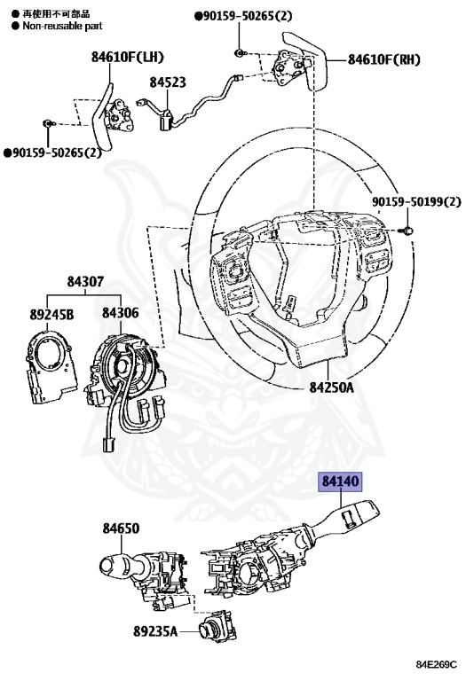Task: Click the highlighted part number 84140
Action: click(341, 481)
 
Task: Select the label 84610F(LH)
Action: click(127, 57)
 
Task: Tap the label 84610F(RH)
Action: click(383, 59)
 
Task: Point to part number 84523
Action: click(168, 82)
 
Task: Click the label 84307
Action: click(85, 281)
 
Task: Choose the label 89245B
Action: click(51, 314)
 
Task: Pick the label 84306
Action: click(121, 312)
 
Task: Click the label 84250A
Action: click(331, 387)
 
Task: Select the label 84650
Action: click(121, 528)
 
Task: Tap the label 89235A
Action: click(155, 631)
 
